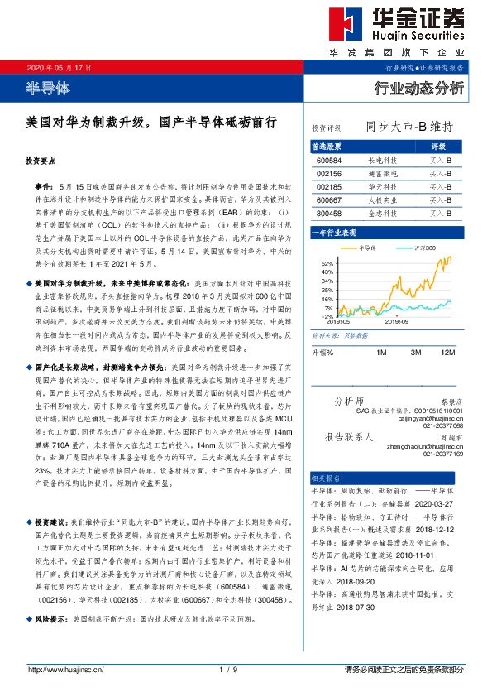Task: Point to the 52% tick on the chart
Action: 328,263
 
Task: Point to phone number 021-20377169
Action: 442,454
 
